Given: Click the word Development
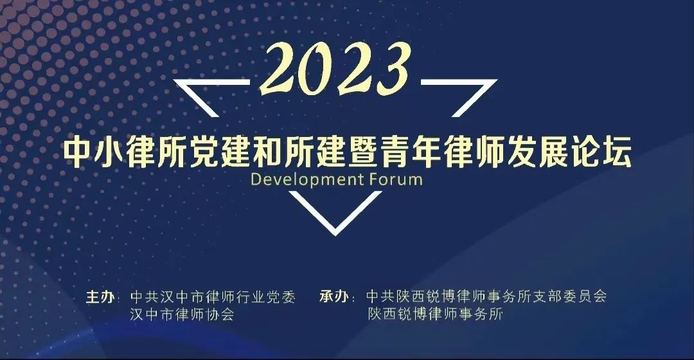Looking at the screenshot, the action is (307, 180).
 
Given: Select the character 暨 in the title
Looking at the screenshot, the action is (364, 153).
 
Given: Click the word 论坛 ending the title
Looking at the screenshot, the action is (601, 153).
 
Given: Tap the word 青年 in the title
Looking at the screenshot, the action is (411, 153).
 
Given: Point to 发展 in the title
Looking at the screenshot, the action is (538, 153).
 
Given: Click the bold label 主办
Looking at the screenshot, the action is (100, 297).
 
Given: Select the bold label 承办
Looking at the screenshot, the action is (334, 296).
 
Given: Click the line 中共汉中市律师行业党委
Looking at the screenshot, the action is (213, 297).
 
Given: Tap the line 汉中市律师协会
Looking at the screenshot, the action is (182, 314).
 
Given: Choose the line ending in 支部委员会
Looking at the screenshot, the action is (486, 296).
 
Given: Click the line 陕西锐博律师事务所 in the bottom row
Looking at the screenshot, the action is (436, 314).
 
